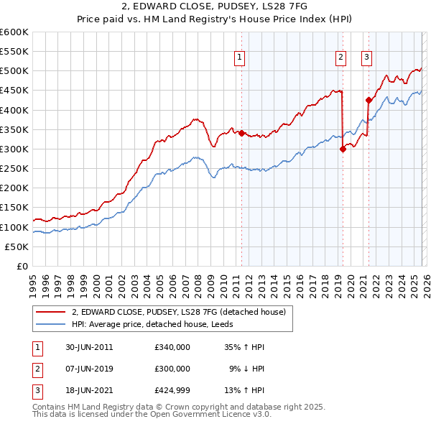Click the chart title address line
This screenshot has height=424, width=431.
[x=215, y=6]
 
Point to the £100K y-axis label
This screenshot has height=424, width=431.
[x=14, y=227]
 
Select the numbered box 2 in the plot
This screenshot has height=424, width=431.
[x=340, y=59]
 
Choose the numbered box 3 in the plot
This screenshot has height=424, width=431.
[x=366, y=59]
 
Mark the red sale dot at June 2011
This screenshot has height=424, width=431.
[x=241, y=133]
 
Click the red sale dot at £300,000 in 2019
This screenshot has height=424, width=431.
[x=343, y=149]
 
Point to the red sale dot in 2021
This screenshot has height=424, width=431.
[x=369, y=100]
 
